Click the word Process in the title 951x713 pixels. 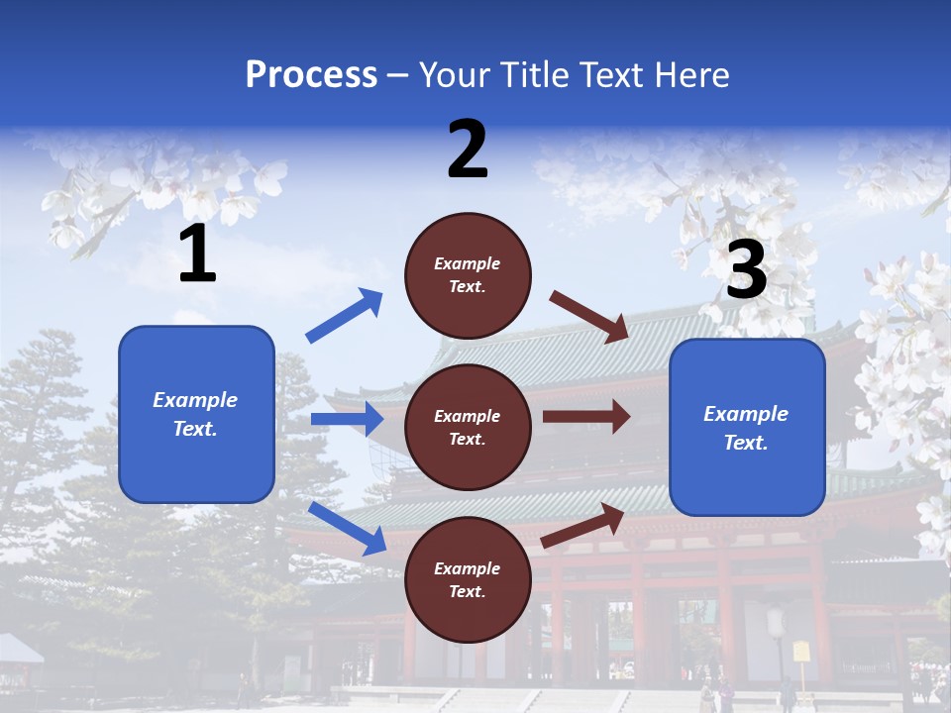311,74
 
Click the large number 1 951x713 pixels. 197,255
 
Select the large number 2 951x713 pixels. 468,150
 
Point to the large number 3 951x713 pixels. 746,270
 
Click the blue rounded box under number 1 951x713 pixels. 196,414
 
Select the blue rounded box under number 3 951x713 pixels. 747,428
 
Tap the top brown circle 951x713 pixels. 468,275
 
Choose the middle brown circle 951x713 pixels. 468,427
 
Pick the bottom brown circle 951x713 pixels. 468,579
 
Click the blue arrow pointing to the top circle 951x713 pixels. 344,316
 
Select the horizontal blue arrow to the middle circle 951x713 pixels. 347,419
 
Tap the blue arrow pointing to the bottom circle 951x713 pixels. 347,528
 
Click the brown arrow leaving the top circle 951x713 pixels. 589,316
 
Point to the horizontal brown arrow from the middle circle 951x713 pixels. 585,417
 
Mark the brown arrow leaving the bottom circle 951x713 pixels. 582,525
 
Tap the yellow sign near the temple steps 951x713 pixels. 800,651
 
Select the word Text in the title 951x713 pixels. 612,74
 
